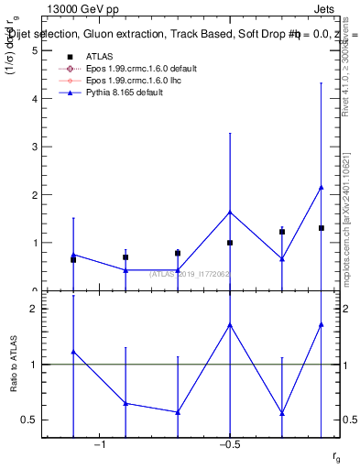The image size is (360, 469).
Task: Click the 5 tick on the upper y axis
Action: tap(34, 50)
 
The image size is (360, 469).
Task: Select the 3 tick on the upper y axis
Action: tap(34, 147)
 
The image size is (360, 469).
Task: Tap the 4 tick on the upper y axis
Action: tap(34, 99)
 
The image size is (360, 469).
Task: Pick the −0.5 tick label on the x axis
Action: tap(229, 443)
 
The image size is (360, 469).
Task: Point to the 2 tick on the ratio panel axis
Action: tap(34, 309)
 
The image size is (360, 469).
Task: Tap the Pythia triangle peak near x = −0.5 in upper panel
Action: tap(230, 213)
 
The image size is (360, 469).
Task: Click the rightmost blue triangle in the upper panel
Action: tap(322, 188)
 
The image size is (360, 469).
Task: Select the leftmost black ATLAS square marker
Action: tap(73, 259)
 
